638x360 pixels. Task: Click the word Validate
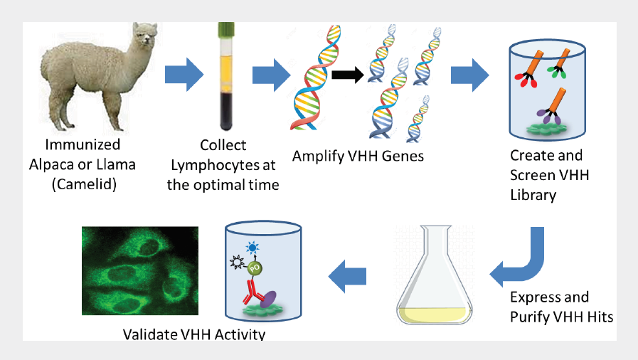150,333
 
